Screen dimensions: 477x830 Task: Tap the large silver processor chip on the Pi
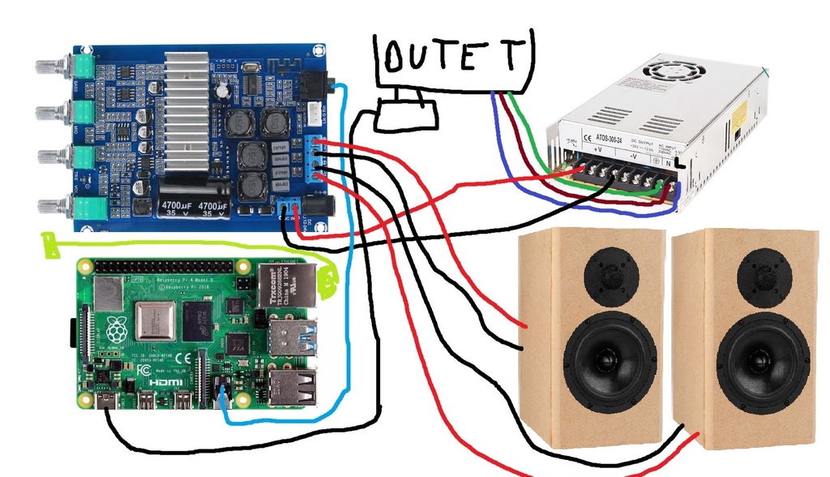[157, 320]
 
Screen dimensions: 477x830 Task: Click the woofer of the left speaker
[610, 357]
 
